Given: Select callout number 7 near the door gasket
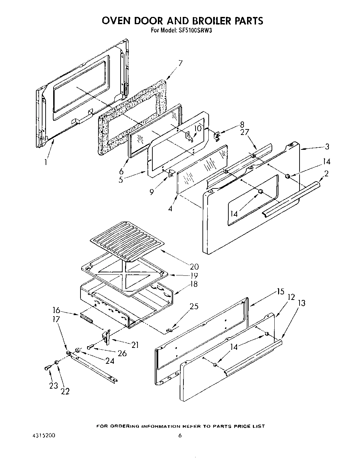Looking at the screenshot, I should (180, 63).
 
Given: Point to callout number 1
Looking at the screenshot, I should (46, 161).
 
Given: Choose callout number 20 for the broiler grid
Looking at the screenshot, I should (194, 266).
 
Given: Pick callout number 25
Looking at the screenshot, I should (194, 306).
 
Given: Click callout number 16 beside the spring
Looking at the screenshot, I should (56, 310).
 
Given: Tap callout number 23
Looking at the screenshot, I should (53, 386).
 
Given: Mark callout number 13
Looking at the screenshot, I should (301, 303).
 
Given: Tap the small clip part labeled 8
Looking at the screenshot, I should (217, 136).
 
